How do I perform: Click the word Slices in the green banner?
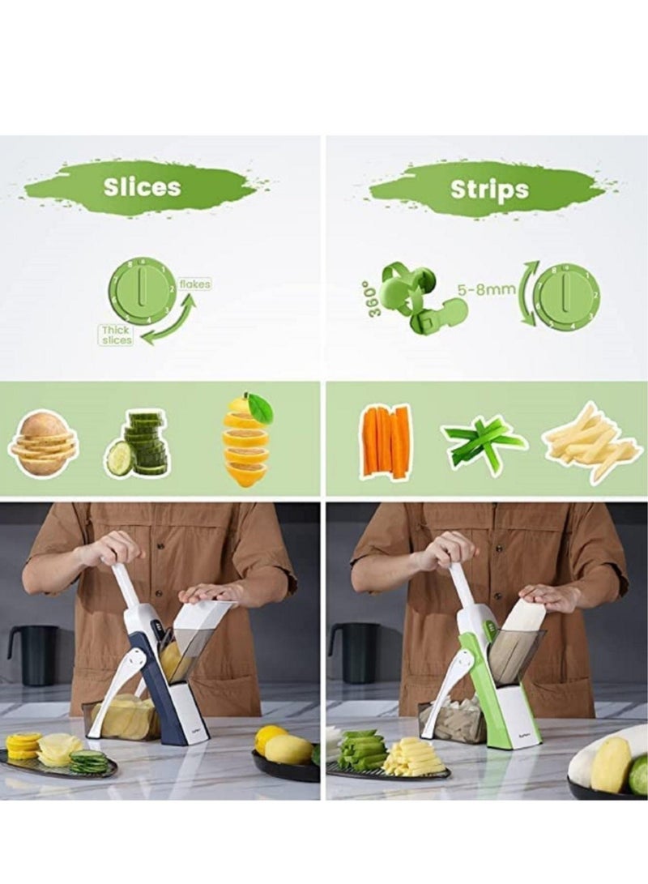tap(142, 186)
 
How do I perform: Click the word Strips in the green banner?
tap(488, 190)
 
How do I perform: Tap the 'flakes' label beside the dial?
tap(194, 284)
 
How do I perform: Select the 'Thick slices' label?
tap(115, 335)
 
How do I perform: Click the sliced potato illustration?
tap(44, 442)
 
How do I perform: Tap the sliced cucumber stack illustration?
tap(138, 444)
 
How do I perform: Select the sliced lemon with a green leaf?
tap(246, 439)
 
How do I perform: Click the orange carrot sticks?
tap(386, 442)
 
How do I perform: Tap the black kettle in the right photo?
tap(356, 651)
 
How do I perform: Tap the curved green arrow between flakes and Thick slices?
tap(173, 320)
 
